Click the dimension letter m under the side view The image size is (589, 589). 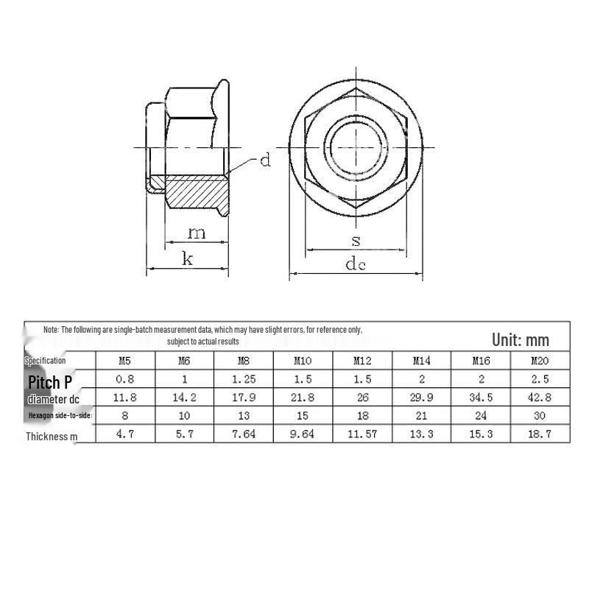coord(197,233)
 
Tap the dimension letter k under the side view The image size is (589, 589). coord(188,258)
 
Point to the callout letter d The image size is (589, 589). coord(265,160)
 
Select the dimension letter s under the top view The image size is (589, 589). coord(356,241)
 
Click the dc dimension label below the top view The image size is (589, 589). coord(356,264)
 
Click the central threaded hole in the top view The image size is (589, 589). coord(356,148)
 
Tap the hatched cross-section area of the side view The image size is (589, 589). coord(195,191)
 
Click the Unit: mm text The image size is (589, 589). coord(521,340)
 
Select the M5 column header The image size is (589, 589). coord(124,361)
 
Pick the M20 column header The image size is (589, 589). coord(540,361)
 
